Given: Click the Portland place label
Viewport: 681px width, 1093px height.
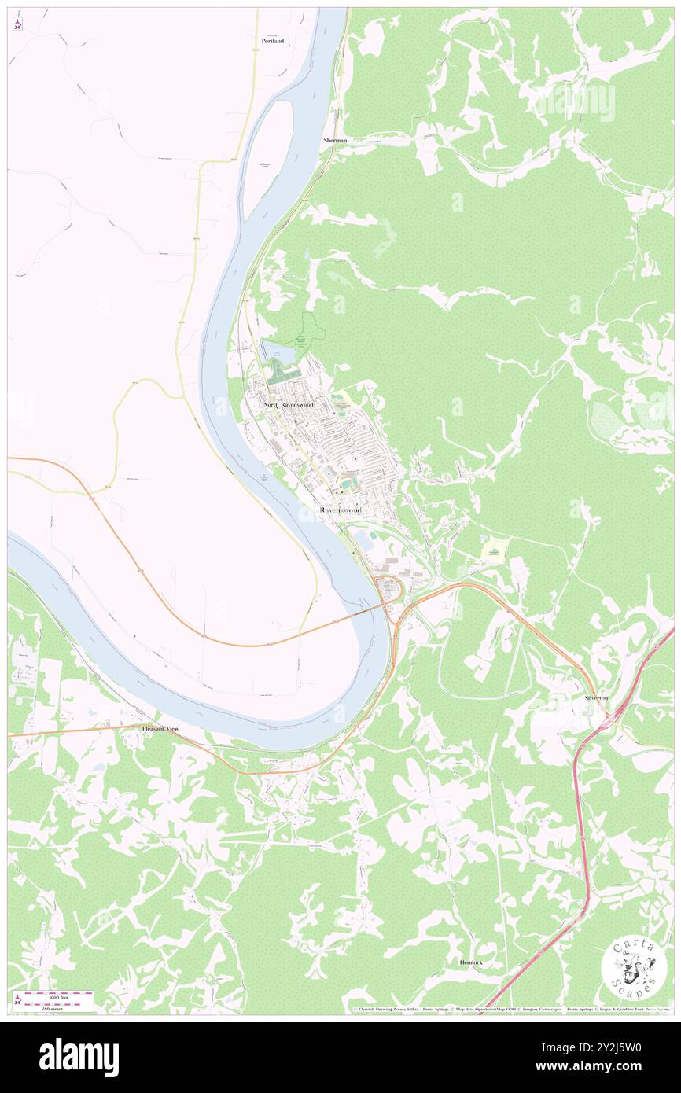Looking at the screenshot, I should [273, 40].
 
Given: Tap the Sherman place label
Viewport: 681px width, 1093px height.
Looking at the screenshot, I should [334, 140].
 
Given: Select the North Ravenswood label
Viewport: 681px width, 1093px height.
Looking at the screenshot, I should [289, 404].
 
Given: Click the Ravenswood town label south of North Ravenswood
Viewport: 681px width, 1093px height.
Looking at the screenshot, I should [340, 510].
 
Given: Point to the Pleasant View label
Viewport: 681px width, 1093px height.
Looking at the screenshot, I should [160, 729].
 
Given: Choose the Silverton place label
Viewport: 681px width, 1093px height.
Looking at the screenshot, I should [595, 697].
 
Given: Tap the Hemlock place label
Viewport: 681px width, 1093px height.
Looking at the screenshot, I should [471, 962].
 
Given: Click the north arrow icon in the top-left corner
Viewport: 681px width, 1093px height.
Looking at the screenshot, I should [17, 24].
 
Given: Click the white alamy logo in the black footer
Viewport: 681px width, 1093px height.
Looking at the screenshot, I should [79, 1057].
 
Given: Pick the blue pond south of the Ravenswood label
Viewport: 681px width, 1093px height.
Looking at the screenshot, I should [365, 539].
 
